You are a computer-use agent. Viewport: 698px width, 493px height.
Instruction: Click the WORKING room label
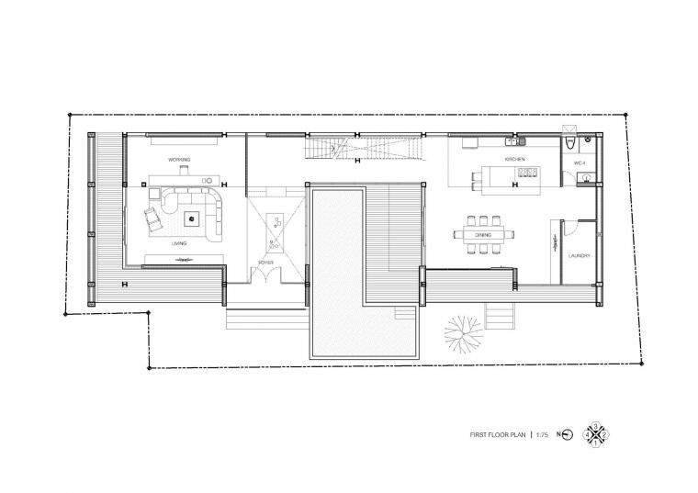(179, 160)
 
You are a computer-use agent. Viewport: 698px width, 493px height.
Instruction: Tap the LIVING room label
(179, 244)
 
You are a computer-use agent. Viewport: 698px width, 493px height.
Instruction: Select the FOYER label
(266, 263)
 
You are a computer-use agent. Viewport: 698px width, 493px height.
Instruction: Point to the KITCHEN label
(514, 161)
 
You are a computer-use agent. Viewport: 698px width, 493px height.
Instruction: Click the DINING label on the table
(483, 235)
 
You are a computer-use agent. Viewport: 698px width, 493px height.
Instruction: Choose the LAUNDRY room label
(578, 256)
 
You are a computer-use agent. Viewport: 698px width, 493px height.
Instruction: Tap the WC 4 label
(579, 162)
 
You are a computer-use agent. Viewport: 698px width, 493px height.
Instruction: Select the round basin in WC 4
(583, 180)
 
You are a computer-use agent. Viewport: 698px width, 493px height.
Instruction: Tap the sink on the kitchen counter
(520, 142)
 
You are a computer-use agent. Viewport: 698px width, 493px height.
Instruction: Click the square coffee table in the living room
(191, 218)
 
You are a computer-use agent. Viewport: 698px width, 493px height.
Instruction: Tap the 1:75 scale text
(542, 434)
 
